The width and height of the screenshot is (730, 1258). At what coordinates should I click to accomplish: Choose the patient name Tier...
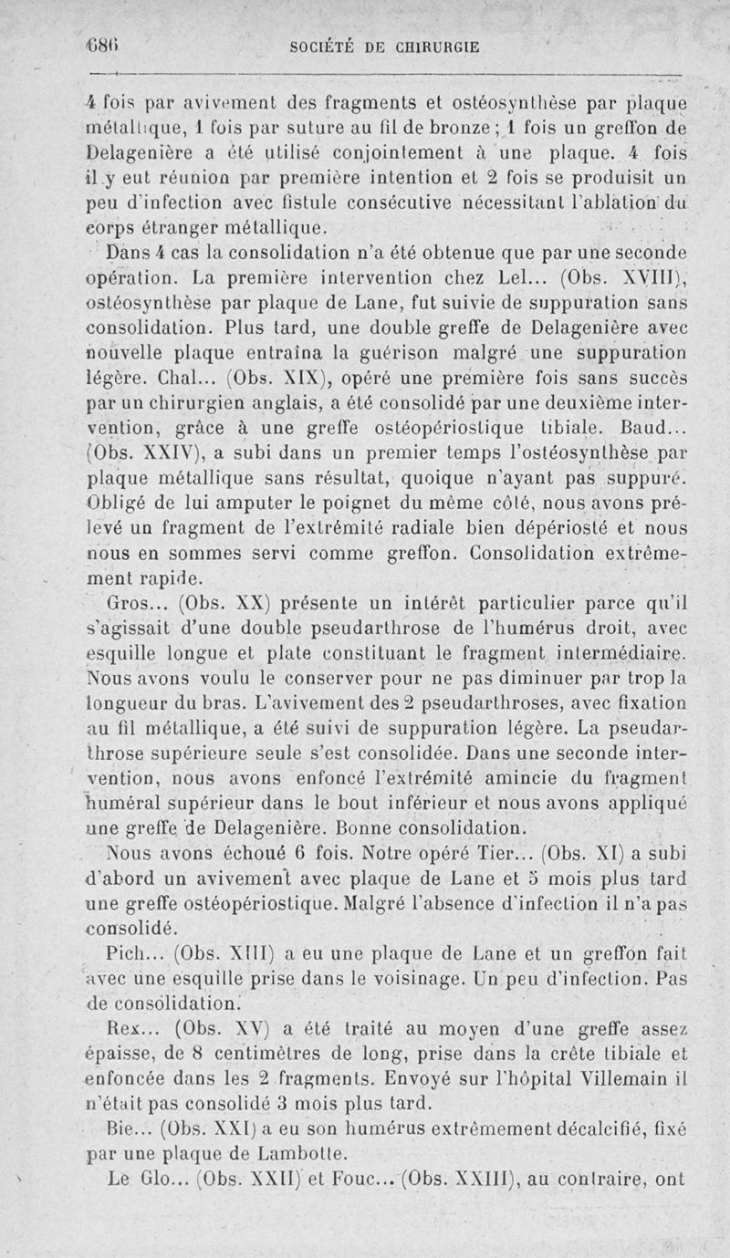[509, 855]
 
